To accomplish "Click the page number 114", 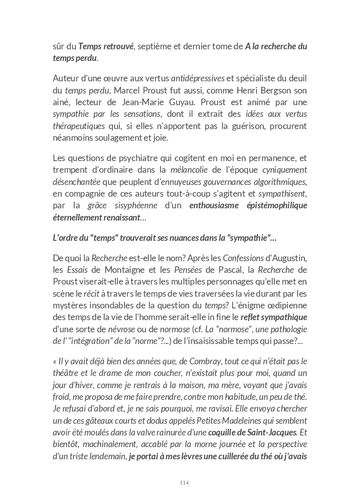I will tap(184, 483).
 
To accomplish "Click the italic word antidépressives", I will tap(198, 78).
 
